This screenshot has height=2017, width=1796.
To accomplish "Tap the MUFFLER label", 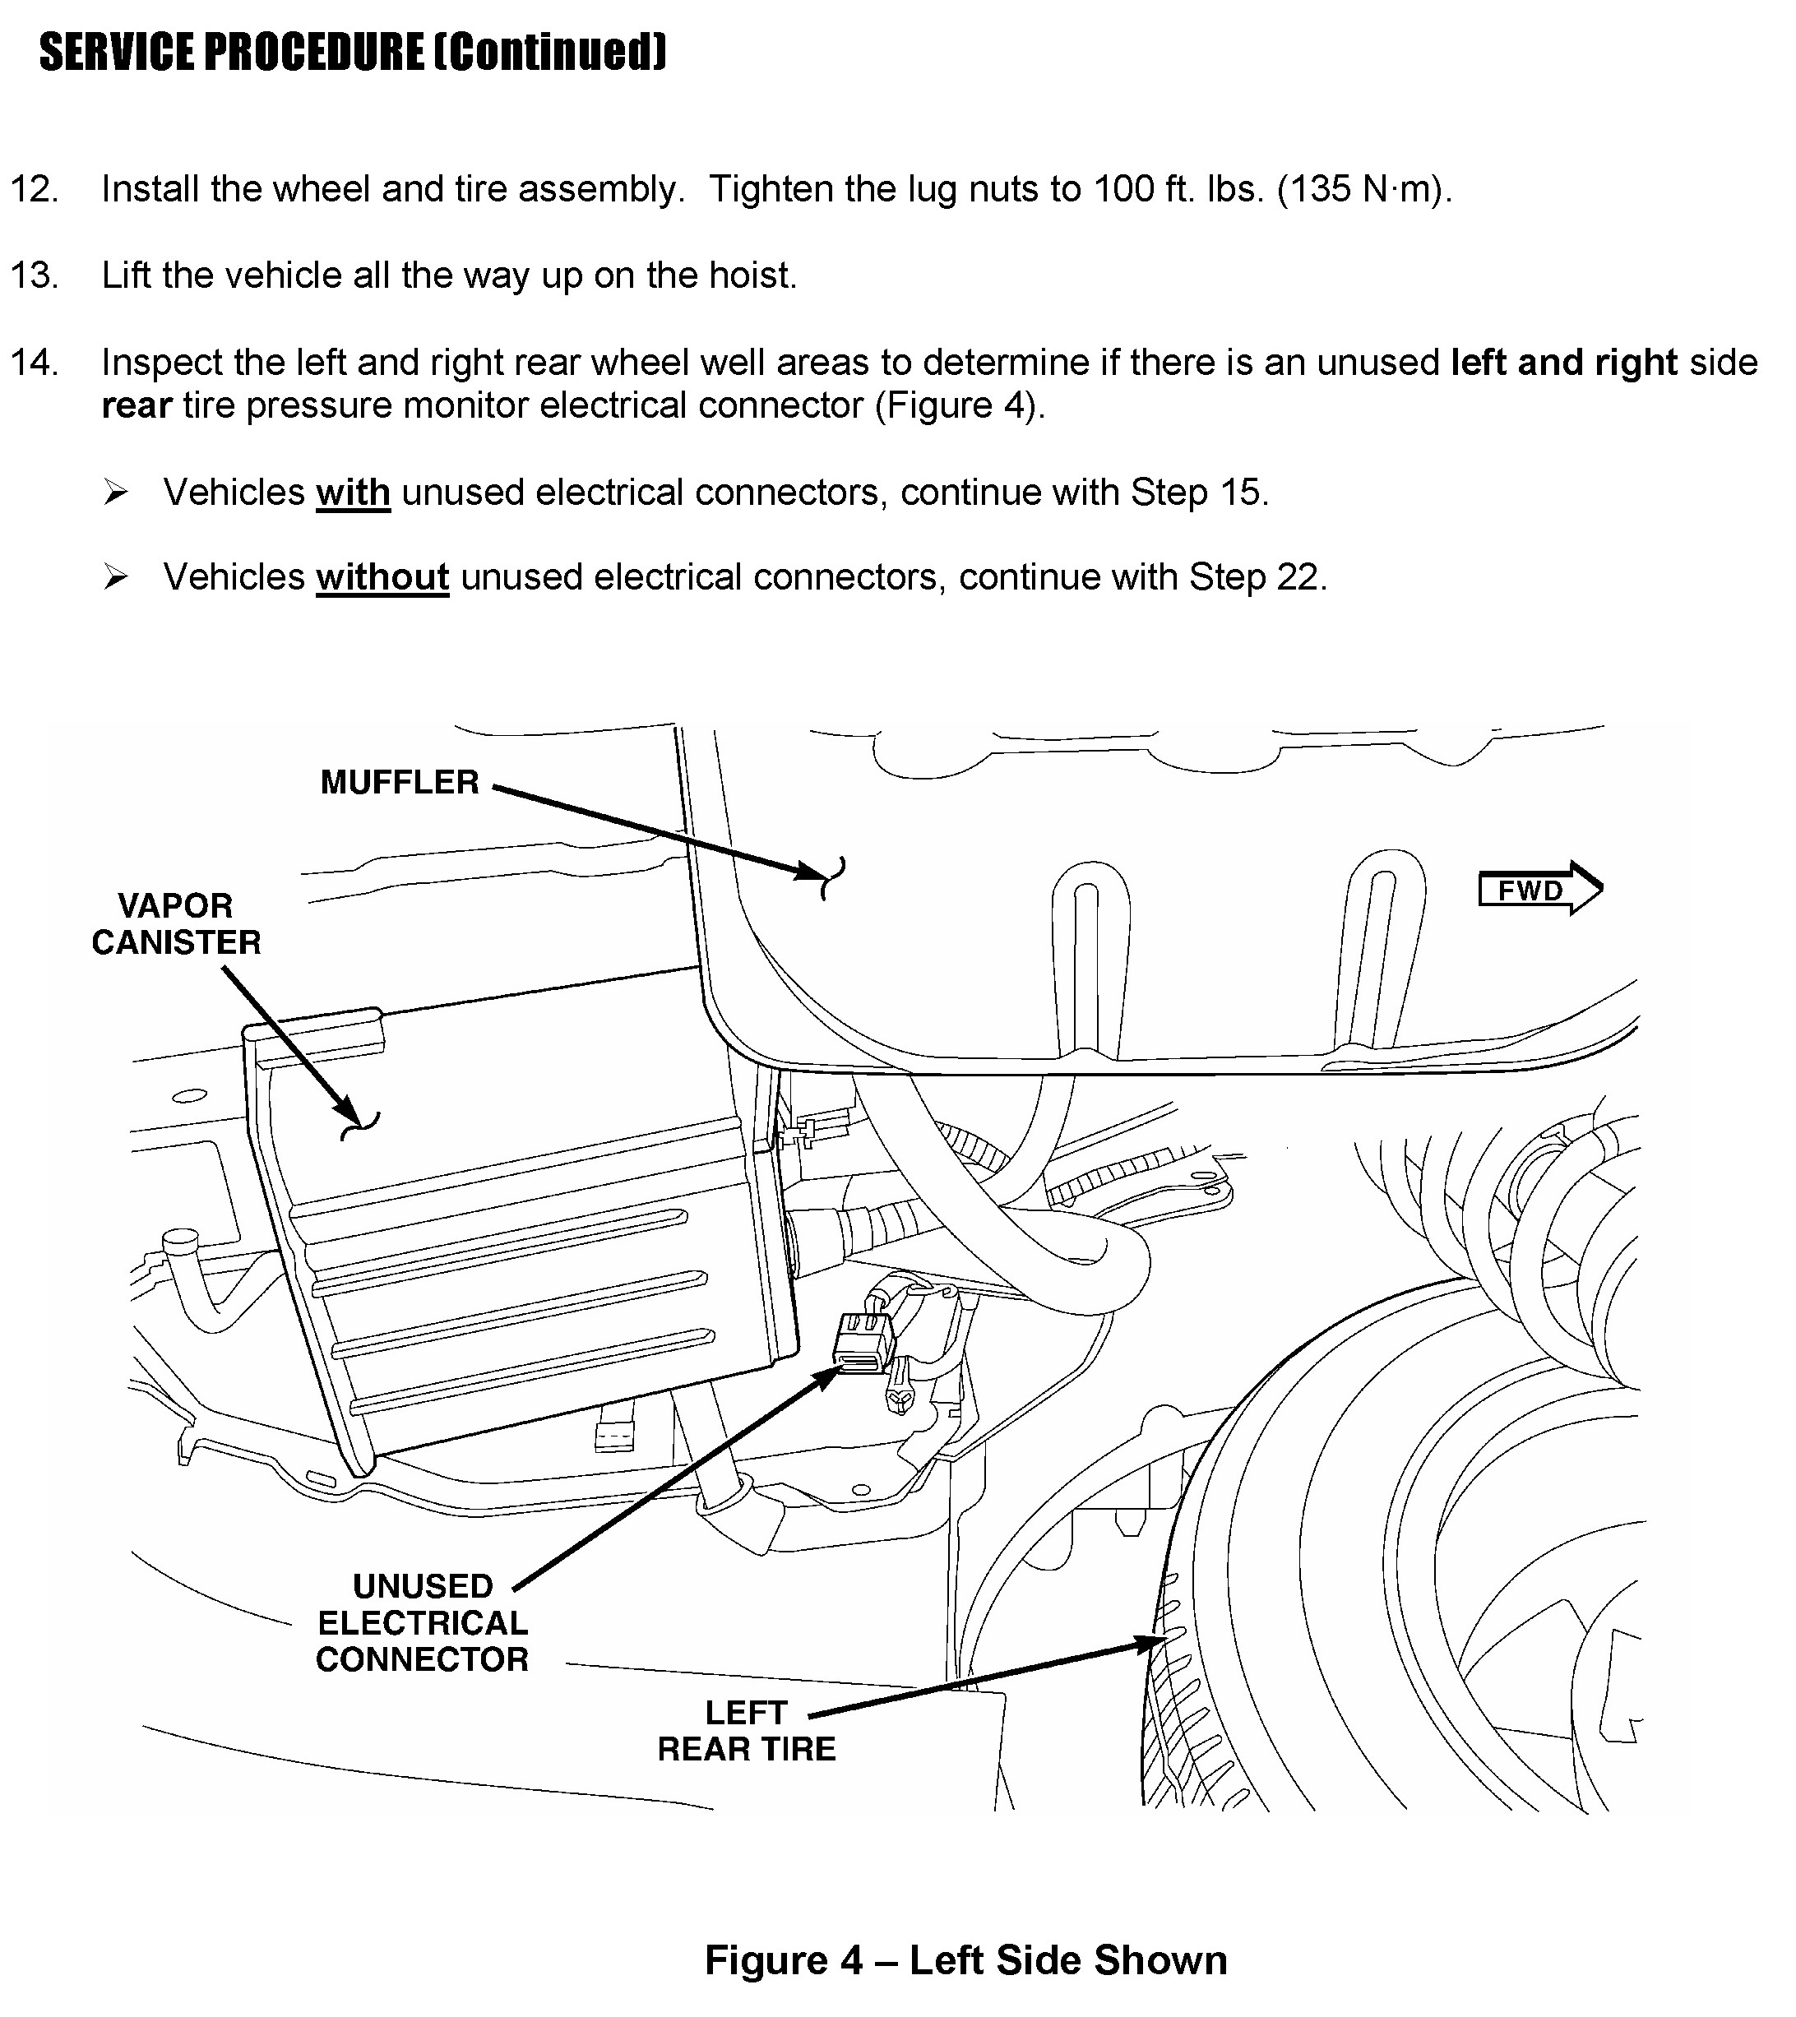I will coord(400,783).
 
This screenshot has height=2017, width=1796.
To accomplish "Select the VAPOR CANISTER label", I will coord(177,923).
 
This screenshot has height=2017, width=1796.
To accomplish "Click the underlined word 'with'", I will coord(352,492).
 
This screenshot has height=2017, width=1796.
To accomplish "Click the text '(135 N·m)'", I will coord(1363,188).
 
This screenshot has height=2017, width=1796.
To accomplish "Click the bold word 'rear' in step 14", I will coord(137,405).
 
